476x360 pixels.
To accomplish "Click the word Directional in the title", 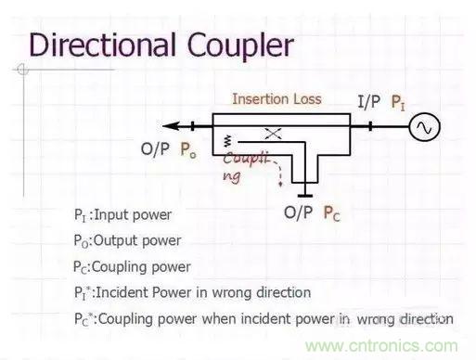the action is (x=103, y=45).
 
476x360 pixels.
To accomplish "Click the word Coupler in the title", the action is (x=240, y=47).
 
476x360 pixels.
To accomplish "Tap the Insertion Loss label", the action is (x=277, y=99).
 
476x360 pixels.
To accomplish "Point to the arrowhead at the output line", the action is (x=171, y=126).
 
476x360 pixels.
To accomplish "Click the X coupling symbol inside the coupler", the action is (x=273, y=134).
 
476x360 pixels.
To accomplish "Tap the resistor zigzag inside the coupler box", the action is (x=227, y=141).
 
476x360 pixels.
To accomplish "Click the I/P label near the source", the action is (x=368, y=101).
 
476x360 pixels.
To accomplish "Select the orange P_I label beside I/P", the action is (x=398, y=102).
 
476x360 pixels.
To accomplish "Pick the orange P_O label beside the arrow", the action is (x=188, y=150).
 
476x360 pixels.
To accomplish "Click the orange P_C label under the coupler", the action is (x=331, y=213).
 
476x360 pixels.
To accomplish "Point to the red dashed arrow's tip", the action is (x=280, y=185).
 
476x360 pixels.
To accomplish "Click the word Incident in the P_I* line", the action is (x=122, y=292).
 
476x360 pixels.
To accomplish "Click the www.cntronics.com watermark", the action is (x=381, y=346).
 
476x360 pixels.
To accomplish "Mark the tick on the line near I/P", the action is (x=370, y=126).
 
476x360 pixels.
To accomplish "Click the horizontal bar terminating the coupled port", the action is (x=305, y=196).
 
